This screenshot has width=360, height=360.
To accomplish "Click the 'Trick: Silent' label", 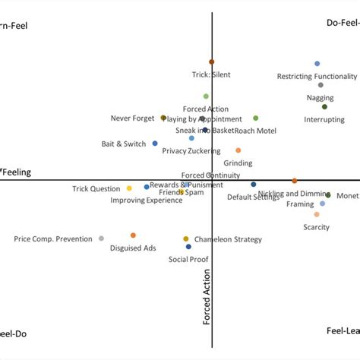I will pos(210,74).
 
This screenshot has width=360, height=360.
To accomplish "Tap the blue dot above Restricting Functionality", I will pos(317,64).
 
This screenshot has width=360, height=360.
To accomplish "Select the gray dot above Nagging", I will pos(321,85).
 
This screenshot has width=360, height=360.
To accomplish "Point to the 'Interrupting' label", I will pos(324,120).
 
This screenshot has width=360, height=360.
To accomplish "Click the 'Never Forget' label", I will pos(132,118).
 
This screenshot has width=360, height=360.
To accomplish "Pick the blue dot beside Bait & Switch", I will pos(155,143).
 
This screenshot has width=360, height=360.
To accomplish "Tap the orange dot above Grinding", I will pos(238,150).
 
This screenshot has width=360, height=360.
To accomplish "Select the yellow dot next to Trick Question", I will pos(129,188).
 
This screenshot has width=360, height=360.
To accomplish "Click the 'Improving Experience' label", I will pos(147,201).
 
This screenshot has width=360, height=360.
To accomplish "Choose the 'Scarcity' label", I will pos(316,227).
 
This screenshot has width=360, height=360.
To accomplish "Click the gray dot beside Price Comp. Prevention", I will pos(101,238).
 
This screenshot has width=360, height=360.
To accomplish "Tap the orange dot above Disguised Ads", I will pos(133,235).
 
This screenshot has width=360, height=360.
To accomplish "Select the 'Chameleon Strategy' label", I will pos(228,239).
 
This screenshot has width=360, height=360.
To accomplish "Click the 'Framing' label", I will pos(299,204).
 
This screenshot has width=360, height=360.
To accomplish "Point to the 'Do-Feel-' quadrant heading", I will pos(343,23).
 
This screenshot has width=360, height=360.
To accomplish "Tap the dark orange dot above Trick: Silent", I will pos(211,62).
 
